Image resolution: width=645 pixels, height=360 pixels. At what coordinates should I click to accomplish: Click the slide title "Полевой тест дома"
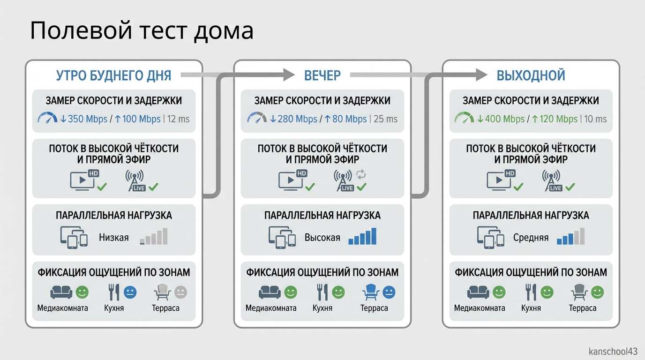[x=142, y=31]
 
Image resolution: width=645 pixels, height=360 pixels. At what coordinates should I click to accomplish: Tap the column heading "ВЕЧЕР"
[x=322, y=75]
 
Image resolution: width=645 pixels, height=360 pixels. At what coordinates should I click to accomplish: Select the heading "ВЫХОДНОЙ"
[x=531, y=75]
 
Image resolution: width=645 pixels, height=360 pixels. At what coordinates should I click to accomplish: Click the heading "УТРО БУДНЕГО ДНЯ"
[x=113, y=75]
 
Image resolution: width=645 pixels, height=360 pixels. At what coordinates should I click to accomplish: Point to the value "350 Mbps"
[x=88, y=119]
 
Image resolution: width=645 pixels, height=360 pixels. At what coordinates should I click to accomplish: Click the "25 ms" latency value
[x=386, y=119]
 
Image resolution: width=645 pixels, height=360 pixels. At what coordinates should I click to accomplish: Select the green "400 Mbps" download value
[x=505, y=119]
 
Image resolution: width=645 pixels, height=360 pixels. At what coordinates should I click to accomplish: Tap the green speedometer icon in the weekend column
[x=464, y=118]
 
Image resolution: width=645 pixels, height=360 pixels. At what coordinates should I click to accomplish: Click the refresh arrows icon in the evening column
[x=361, y=174]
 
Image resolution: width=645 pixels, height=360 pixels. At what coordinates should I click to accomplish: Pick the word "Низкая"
[x=114, y=238]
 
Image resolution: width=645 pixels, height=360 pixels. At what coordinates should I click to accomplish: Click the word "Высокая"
[x=322, y=238]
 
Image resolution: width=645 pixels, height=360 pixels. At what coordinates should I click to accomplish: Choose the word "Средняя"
[x=531, y=238]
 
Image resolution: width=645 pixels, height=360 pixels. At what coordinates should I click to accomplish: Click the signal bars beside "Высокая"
[x=362, y=236]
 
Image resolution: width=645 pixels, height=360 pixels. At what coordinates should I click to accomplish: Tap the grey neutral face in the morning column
[x=180, y=292]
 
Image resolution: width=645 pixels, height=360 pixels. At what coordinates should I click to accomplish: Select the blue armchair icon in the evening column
[x=371, y=292]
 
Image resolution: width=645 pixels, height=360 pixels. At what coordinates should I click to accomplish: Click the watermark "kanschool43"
[x=613, y=352]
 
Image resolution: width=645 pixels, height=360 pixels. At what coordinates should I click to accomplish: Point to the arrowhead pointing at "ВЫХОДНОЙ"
[x=481, y=75]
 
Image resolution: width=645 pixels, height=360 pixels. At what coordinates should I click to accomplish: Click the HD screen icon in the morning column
[x=85, y=180]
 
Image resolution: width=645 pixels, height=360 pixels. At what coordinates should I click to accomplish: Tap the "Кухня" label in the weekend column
[x=531, y=308]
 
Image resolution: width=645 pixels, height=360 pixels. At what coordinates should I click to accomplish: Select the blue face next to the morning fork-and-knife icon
[x=130, y=292]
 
